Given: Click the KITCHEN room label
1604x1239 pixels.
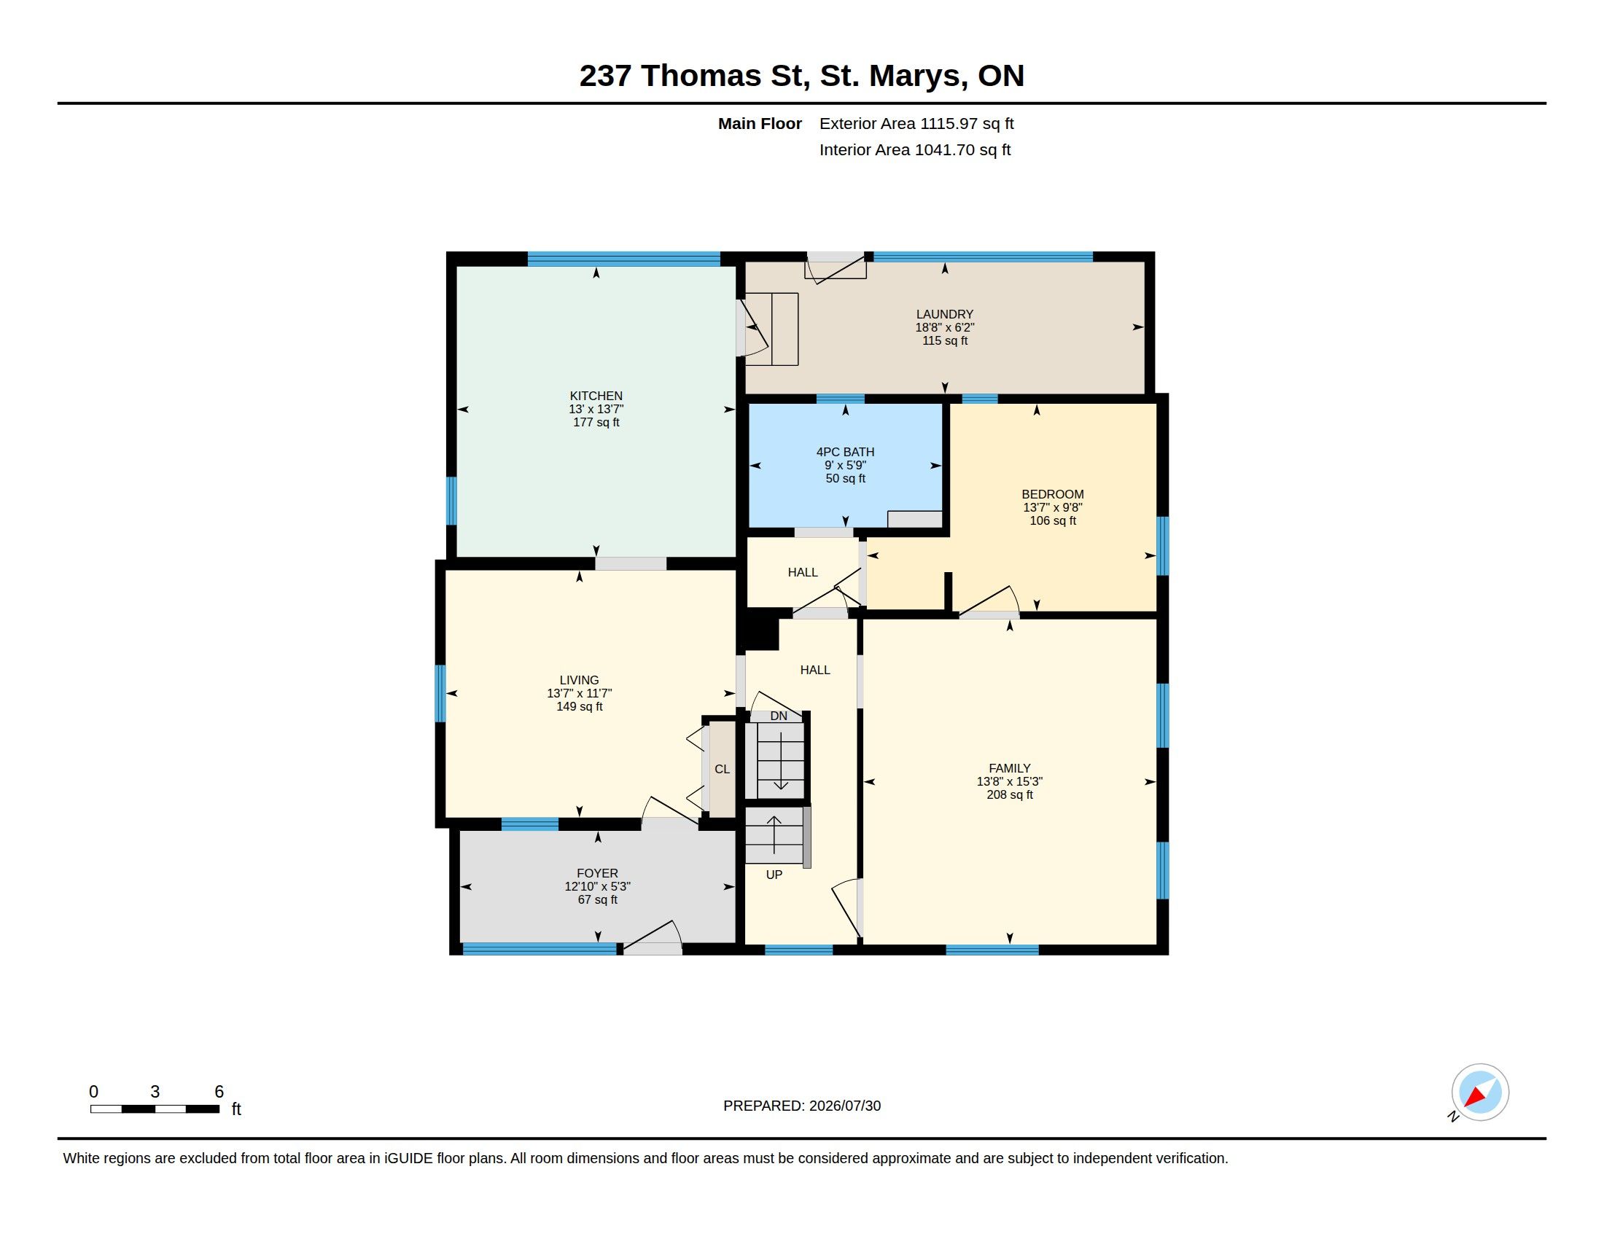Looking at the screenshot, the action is tap(596, 396).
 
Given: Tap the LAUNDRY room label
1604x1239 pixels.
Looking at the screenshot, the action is tap(944, 314).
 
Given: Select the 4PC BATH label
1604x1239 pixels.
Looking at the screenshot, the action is tap(845, 452).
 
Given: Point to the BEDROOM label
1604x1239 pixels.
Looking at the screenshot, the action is tap(1052, 494).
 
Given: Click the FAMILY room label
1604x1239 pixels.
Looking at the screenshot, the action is tap(1009, 767).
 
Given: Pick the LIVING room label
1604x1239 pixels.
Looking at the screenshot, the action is tap(579, 680).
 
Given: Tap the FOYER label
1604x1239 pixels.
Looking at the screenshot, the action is tap(597, 872).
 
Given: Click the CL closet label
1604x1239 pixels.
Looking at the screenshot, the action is tap(722, 768).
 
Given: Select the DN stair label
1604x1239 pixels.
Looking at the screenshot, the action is tap(779, 716).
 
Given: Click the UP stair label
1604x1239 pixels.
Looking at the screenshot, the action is tap(774, 874).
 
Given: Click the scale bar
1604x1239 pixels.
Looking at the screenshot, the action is tap(155, 1109).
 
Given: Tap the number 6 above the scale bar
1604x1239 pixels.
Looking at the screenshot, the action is tap(219, 1092).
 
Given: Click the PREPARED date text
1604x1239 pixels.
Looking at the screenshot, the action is tap(802, 1106).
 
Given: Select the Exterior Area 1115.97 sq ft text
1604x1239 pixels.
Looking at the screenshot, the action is tap(916, 123).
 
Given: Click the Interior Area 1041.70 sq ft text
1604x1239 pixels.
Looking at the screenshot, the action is tap(915, 149).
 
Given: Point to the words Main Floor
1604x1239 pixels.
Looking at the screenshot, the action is tap(760, 123).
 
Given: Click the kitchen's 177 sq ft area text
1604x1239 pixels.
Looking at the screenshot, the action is tap(596, 422).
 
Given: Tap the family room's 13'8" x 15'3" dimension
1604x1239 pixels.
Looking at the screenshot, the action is tap(1009, 782).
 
